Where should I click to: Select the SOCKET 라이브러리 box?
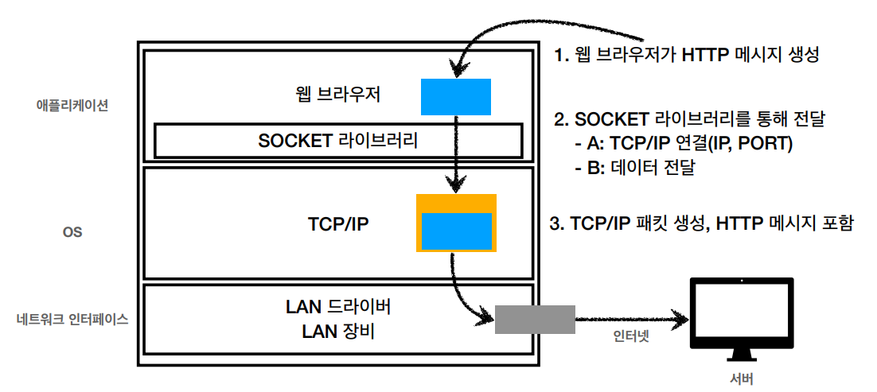point(338,141)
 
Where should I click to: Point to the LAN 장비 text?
point(337,332)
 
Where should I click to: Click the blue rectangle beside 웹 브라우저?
point(456,97)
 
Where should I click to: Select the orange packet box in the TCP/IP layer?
point(456,223)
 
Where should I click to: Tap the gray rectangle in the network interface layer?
point(536,320)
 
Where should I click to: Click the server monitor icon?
point(741,321)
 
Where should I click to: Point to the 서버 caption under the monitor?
point(742,378)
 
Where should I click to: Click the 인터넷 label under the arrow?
point(631,337)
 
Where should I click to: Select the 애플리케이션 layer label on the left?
point(68,106)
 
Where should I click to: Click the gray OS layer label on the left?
point(72,231)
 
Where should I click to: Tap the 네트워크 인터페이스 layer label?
point(73,320)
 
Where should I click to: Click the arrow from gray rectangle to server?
point(632,320)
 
